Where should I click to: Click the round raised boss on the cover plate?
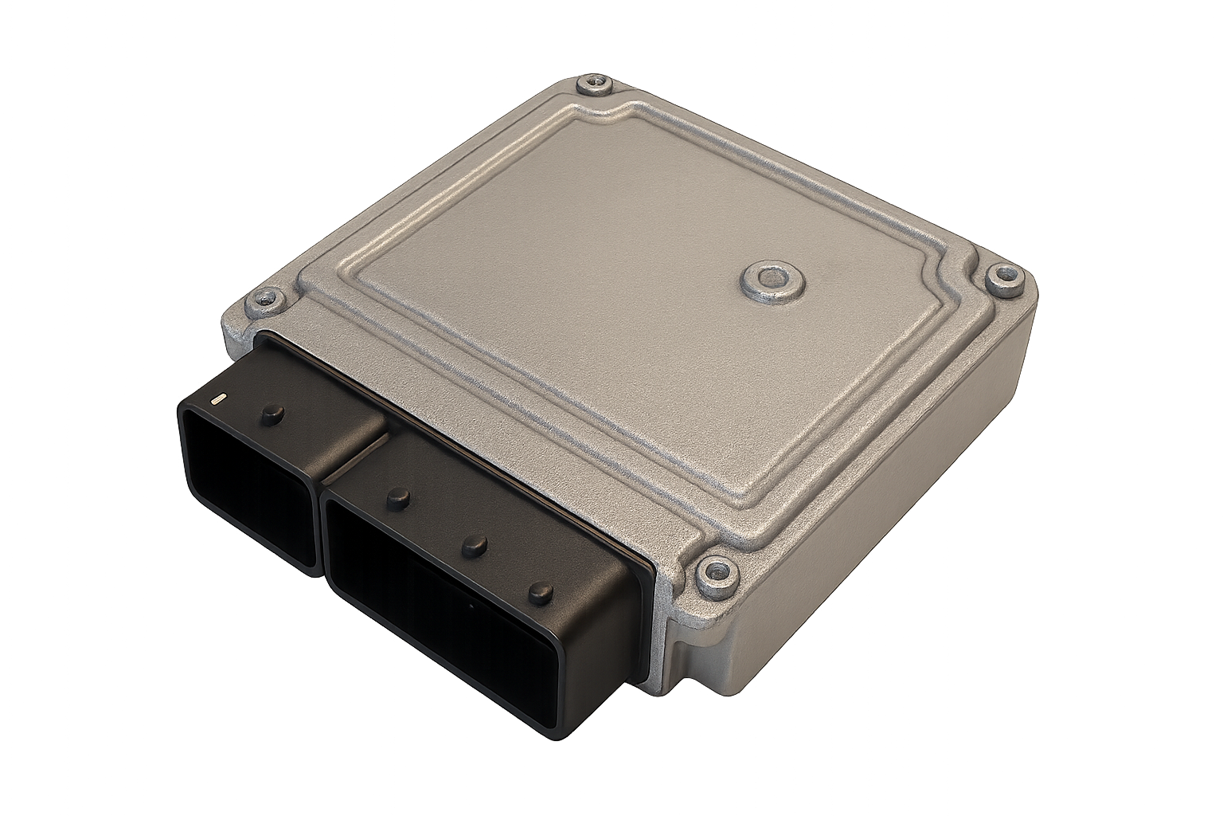click(x=772, y=278)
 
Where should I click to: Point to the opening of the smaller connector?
click(x=247, y=486)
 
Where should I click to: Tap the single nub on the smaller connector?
click(x=273, y=413)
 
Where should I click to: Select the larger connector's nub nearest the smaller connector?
click(x=399, y=499)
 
